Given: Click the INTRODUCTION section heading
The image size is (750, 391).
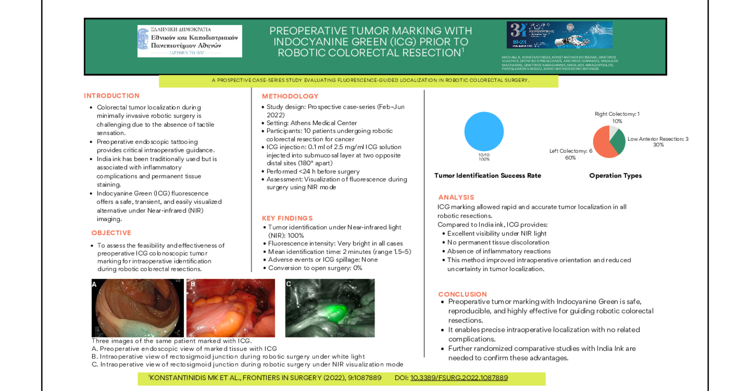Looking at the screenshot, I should coord(112,96).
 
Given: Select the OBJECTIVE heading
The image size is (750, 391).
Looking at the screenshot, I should coord(111,233).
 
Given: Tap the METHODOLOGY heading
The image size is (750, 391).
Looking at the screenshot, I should coord(290,96).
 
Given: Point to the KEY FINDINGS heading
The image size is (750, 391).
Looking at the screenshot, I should coord(287,218).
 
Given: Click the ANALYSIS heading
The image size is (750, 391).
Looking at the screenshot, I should coord(456,197).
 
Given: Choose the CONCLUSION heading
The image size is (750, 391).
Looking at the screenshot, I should coord(462,294).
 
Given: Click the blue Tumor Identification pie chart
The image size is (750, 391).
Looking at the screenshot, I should coord(484,131).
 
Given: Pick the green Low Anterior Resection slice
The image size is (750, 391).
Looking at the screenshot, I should coord(618,141).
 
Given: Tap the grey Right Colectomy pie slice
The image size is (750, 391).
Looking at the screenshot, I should coord(613,131).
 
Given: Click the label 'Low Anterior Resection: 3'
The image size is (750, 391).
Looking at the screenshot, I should coord(658,139).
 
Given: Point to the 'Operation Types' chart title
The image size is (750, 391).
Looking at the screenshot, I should coord(615,176).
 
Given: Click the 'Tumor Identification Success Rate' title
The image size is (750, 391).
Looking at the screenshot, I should coord(487,176).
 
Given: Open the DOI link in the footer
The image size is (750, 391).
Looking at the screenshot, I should coord(459,378).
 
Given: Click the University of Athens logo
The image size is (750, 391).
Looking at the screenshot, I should coord(190,41).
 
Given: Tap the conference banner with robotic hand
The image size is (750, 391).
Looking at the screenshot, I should coord(559,35).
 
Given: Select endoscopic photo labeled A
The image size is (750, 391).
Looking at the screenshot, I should coord(137,308).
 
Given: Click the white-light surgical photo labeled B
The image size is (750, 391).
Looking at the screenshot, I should coord(231,308).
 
